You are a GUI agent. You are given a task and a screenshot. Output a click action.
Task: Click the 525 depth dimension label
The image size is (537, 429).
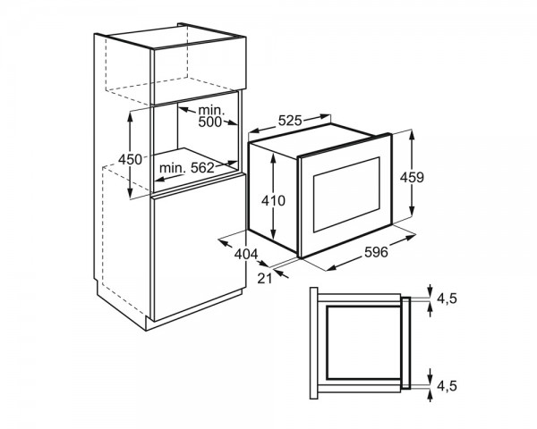tap(289, 121)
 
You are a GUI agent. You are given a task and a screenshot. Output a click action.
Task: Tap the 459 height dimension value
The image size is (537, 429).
tap(412, 177)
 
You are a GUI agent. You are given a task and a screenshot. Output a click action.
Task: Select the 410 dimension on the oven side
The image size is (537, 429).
tap(273, 200)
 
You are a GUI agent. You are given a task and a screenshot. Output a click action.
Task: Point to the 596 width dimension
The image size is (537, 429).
tap(376, 252)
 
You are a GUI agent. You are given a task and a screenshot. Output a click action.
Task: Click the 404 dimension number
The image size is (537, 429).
tap(246, 254)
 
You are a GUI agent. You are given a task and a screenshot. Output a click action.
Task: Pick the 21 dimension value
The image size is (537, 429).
tap(264, 279)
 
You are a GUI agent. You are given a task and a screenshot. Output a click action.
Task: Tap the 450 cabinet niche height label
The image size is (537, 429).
tap(130, 159)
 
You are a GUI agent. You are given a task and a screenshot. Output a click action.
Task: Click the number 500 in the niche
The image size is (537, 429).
tap(210, 122)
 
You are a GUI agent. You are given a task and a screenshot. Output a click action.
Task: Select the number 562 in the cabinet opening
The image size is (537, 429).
tap(202, 168)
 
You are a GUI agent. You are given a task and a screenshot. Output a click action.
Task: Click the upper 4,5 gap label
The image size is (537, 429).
tap(447, 299)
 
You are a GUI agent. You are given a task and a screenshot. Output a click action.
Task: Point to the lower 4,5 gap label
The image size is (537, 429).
tap(447, 386)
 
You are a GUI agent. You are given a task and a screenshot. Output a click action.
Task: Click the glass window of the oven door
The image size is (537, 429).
tap(346, 195)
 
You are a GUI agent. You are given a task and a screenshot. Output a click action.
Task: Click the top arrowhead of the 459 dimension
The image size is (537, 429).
tap(412, 135)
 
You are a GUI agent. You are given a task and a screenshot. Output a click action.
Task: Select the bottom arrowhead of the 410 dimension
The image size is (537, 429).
tap(273, 236)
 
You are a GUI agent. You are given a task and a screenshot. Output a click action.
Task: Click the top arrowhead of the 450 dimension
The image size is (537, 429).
tap(130, 114)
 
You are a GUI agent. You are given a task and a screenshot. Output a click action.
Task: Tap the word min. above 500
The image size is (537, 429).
tap(211, 110)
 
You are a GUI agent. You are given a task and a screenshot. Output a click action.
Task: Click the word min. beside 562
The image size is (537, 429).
tap(173, 168)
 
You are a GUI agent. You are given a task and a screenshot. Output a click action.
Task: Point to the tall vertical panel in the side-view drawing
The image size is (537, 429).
tap(314, 343)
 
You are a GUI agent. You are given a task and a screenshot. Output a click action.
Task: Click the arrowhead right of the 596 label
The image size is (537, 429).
tap(412, 237)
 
